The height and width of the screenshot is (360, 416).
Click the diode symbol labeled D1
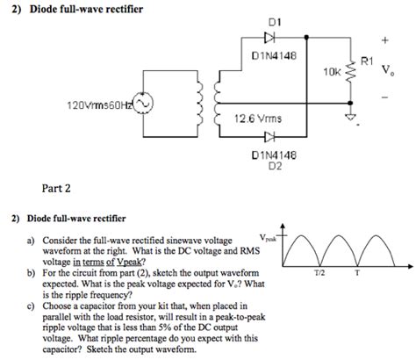(269, 38)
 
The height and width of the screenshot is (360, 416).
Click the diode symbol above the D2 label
(269, 137)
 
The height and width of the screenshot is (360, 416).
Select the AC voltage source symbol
(143, 103)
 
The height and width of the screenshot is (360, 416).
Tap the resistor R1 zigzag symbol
(350, 72)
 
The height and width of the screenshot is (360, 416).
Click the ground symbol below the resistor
(350, 117)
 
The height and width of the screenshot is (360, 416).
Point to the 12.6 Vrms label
(258, 119)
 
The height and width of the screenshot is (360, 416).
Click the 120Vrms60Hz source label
(100, 104)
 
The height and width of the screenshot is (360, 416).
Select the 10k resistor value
(333, 72)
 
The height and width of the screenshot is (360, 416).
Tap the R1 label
(367, 61)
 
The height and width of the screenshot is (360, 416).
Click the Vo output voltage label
(388, 70)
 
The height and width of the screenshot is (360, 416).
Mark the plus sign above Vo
(385, 40)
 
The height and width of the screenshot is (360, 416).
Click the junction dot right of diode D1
(306, 38)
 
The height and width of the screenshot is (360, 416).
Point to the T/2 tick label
(319, 273)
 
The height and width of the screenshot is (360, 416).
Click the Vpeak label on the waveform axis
(268, 238)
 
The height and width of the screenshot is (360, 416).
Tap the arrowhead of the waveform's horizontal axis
(410, 266)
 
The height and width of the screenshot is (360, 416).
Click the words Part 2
(56, 188)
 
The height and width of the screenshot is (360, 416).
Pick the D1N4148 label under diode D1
(274, 55)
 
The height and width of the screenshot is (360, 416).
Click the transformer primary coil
(199, 103)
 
